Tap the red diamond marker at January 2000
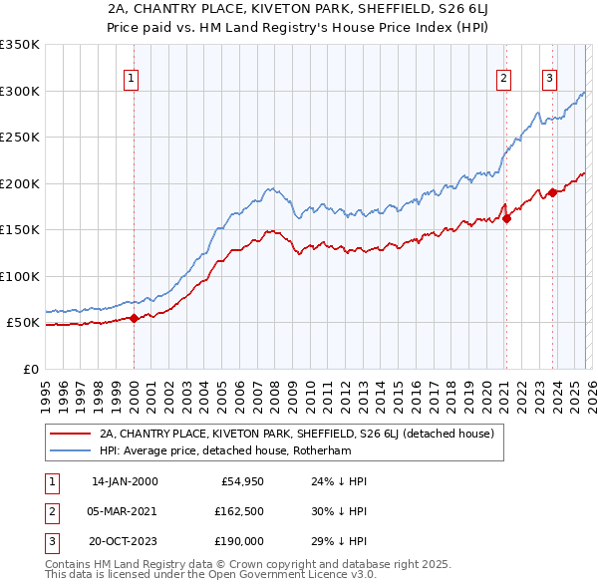click(134, 319)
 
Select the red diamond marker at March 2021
click(506, 218)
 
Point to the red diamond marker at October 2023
click(552, 193)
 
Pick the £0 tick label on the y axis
click(30, 369)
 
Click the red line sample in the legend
click(70, 434)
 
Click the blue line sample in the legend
click(70, 449)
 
